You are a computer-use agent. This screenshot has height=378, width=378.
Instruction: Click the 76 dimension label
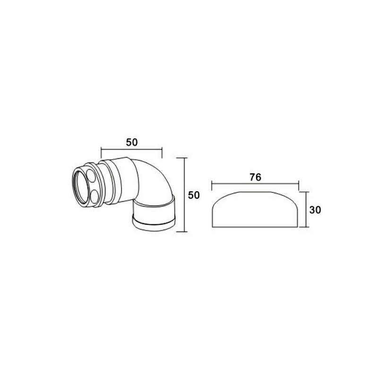[x=255, y=178]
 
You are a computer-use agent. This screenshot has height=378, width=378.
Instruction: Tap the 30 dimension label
[x=315, y=210]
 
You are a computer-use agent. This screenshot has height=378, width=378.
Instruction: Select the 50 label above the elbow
[x=132, y=143]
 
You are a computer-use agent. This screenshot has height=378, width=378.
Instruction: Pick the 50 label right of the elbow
[x=194, y=195]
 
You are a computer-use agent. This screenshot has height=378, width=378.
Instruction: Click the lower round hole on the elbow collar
[x=94, y=196]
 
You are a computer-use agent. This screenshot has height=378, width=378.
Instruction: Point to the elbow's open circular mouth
[x=81, y=186]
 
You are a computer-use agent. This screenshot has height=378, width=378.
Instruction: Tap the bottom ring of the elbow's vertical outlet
[x=154, y=225]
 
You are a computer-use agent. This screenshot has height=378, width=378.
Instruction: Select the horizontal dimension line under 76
[x=255, y=184]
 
